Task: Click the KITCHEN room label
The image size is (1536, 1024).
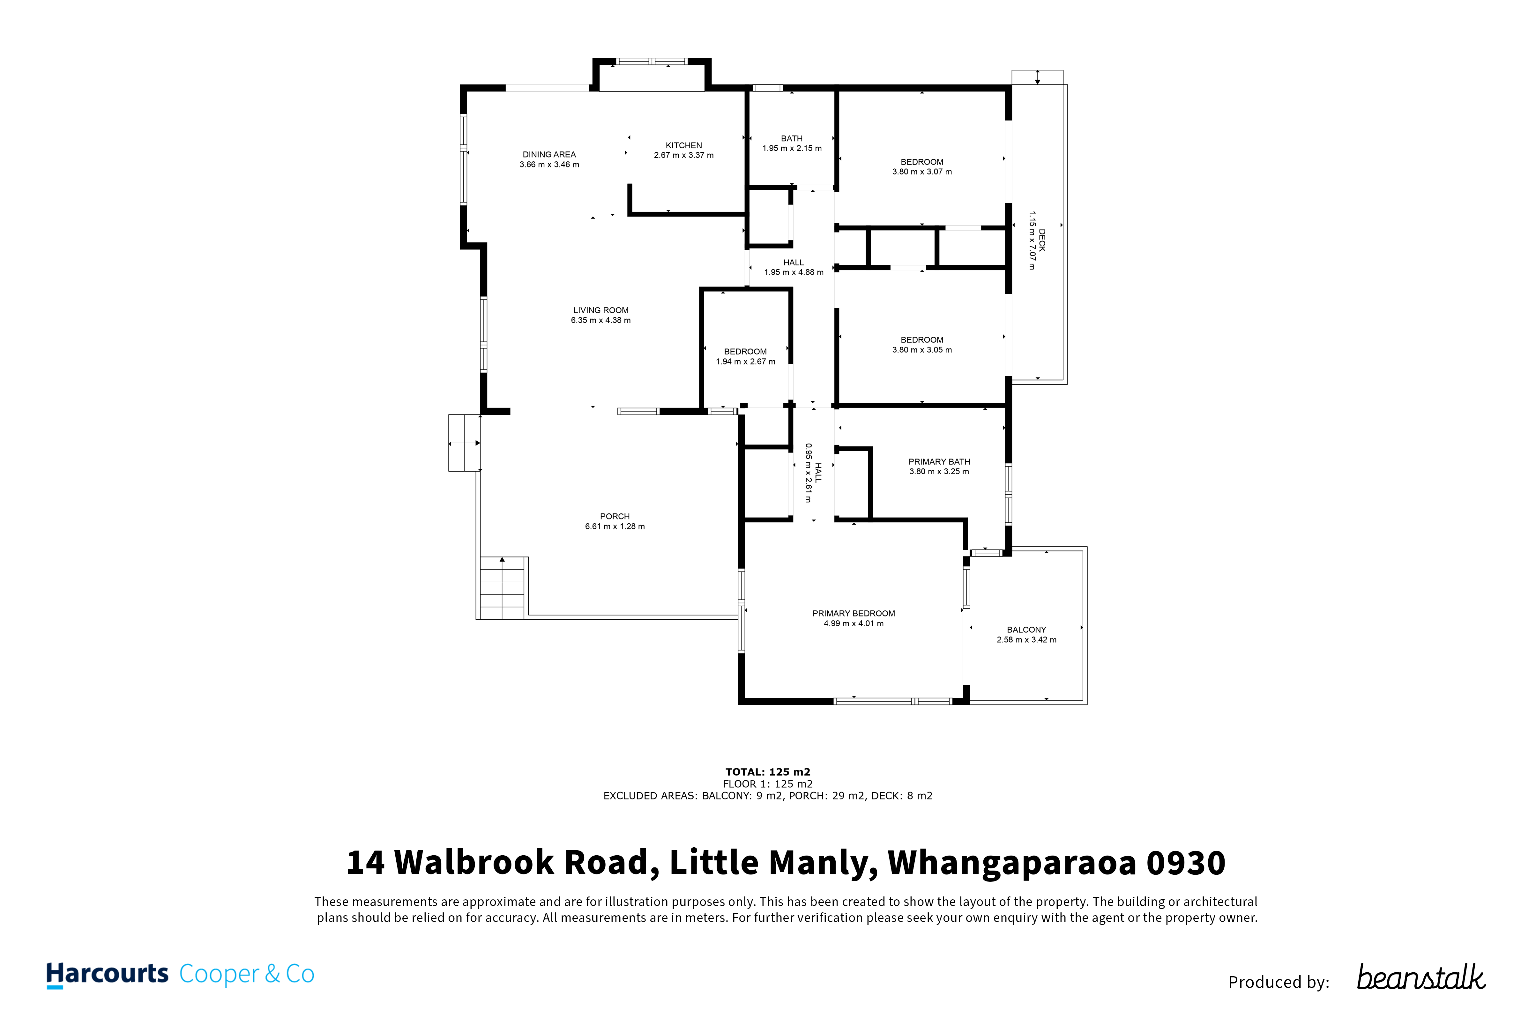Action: click(x=683, y=146)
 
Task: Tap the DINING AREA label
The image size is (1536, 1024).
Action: click(x=549, y=155)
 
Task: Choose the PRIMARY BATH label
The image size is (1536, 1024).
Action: click(x=939, y=462)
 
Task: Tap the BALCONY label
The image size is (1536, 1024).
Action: click(x=1026, y=630)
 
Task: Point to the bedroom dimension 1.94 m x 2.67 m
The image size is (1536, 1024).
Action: click(x=745, y=362)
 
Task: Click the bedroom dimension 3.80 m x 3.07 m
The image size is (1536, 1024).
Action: click(x=922, y=172)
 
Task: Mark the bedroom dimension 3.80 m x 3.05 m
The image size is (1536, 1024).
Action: click(x=922, y=350)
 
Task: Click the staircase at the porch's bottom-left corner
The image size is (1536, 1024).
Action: click(x=502, y=588)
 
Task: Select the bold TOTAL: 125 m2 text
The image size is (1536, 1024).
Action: click(x=768, y=772)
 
